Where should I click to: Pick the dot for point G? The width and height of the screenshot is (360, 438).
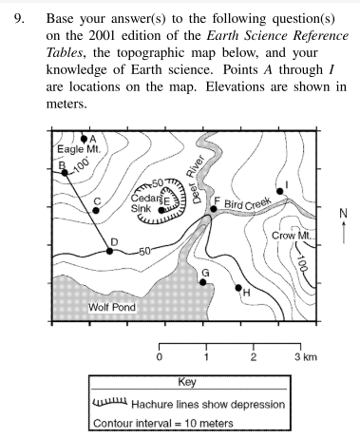[x=201, y=281]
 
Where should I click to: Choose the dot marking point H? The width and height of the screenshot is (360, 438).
[x=238, y=286]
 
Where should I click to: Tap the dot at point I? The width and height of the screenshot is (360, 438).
[x=279, y=191]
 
